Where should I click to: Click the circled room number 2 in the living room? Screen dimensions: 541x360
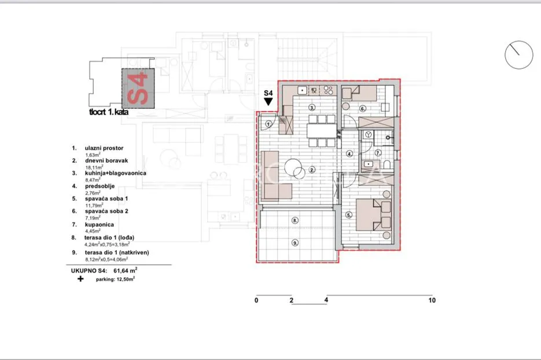coord(311,170)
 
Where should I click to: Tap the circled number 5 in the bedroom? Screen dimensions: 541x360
coord(349,215)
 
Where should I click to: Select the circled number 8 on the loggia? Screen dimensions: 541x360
coord(295,220)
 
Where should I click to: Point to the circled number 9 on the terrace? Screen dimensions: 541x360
coord(295,243)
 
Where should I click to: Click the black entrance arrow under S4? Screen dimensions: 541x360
coord(268,101)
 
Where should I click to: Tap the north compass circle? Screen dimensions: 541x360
coord(518,55)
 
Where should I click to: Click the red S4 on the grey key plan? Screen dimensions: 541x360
coord(138,89)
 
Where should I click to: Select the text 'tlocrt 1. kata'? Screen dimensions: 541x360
coord(109,112)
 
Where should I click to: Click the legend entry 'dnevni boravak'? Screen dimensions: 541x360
coord(106,160)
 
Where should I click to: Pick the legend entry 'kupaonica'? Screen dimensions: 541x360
coord(100,225)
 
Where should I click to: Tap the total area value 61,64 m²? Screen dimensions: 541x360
coord(125,271)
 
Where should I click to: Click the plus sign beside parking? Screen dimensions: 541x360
coord(80,278)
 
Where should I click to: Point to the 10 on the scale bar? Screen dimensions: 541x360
coord(432,300)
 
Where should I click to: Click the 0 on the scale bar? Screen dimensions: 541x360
coord(256,300)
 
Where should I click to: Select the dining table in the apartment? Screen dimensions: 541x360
coord(322,131)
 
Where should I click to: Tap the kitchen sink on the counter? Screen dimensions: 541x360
coord(302,90)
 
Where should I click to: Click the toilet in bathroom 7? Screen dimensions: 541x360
coord(387,164)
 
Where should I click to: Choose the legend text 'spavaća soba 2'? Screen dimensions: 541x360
coord(106,211)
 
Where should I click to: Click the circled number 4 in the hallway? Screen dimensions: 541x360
coord(349,154)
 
